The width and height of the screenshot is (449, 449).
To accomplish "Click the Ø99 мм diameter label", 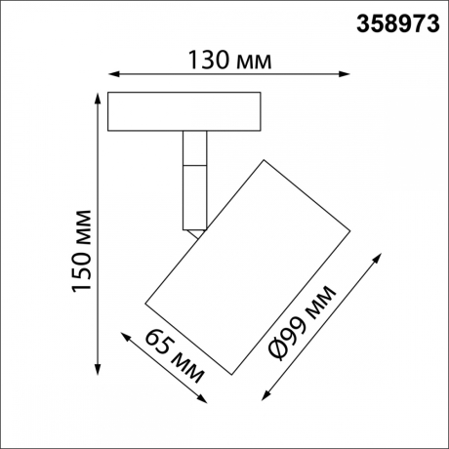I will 304,323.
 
